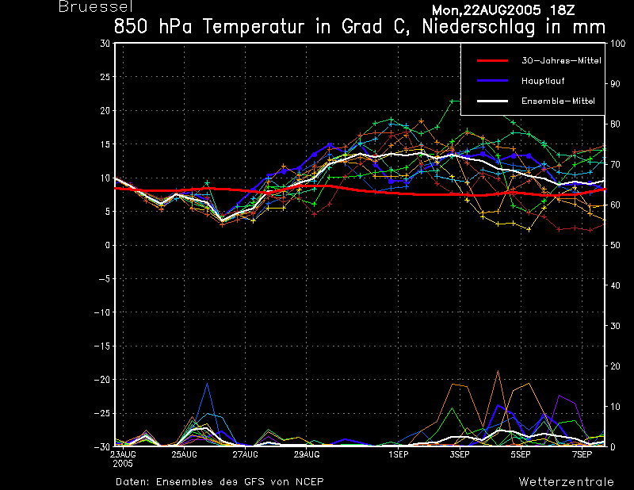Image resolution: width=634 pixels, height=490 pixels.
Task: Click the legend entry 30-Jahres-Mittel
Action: coord(561,61)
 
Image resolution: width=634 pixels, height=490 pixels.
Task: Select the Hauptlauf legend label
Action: coord(543,81)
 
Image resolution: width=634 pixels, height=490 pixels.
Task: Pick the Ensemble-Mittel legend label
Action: coord(558,101)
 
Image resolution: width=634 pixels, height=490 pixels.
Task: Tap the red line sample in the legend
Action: coord(492,61)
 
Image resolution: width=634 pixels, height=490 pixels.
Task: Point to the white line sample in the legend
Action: coord(492,101)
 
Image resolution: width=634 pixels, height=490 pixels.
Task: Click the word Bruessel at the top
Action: coord(96,7)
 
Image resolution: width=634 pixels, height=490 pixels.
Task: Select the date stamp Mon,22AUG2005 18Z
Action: coord(503,10)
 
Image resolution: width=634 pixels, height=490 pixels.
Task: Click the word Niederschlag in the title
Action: coord(479,27)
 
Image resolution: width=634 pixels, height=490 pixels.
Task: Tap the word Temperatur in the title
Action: coord(254,27)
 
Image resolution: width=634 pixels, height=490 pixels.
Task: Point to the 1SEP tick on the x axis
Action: coord(399,455)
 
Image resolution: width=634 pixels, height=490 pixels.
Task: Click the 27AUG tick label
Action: coord(245,455)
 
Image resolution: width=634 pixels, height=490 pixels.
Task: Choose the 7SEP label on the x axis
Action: coord(582,455)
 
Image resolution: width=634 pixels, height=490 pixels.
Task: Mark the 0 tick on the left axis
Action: coord(108,245)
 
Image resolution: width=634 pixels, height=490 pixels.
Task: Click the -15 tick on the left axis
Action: coord(102,346)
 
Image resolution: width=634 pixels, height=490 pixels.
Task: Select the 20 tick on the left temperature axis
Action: coord(105,110)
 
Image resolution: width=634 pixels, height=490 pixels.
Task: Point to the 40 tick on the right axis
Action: coord(615,285)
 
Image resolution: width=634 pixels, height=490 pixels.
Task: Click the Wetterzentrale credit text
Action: coord(566,482)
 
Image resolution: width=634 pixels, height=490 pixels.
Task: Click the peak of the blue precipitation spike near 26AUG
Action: coord(208,383)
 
